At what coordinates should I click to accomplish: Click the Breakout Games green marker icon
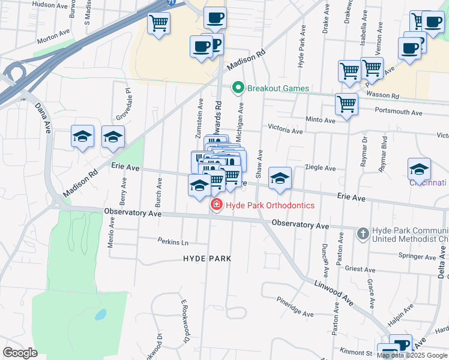tap(238, 89)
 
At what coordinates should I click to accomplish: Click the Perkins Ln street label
tap(173, 242)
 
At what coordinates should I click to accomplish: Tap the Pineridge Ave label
tap(295, 307)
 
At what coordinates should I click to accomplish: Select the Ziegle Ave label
tap(318, 168)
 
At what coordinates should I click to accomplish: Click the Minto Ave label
tap(320, 120)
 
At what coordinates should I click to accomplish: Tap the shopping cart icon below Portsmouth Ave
tap(346, 104)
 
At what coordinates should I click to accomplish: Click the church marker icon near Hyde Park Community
tap(363, 233)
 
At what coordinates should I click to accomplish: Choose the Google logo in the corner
tap(20, 353)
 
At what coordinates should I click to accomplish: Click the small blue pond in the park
tap(101, 314)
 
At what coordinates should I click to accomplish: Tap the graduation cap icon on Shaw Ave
tap(280, 178)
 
